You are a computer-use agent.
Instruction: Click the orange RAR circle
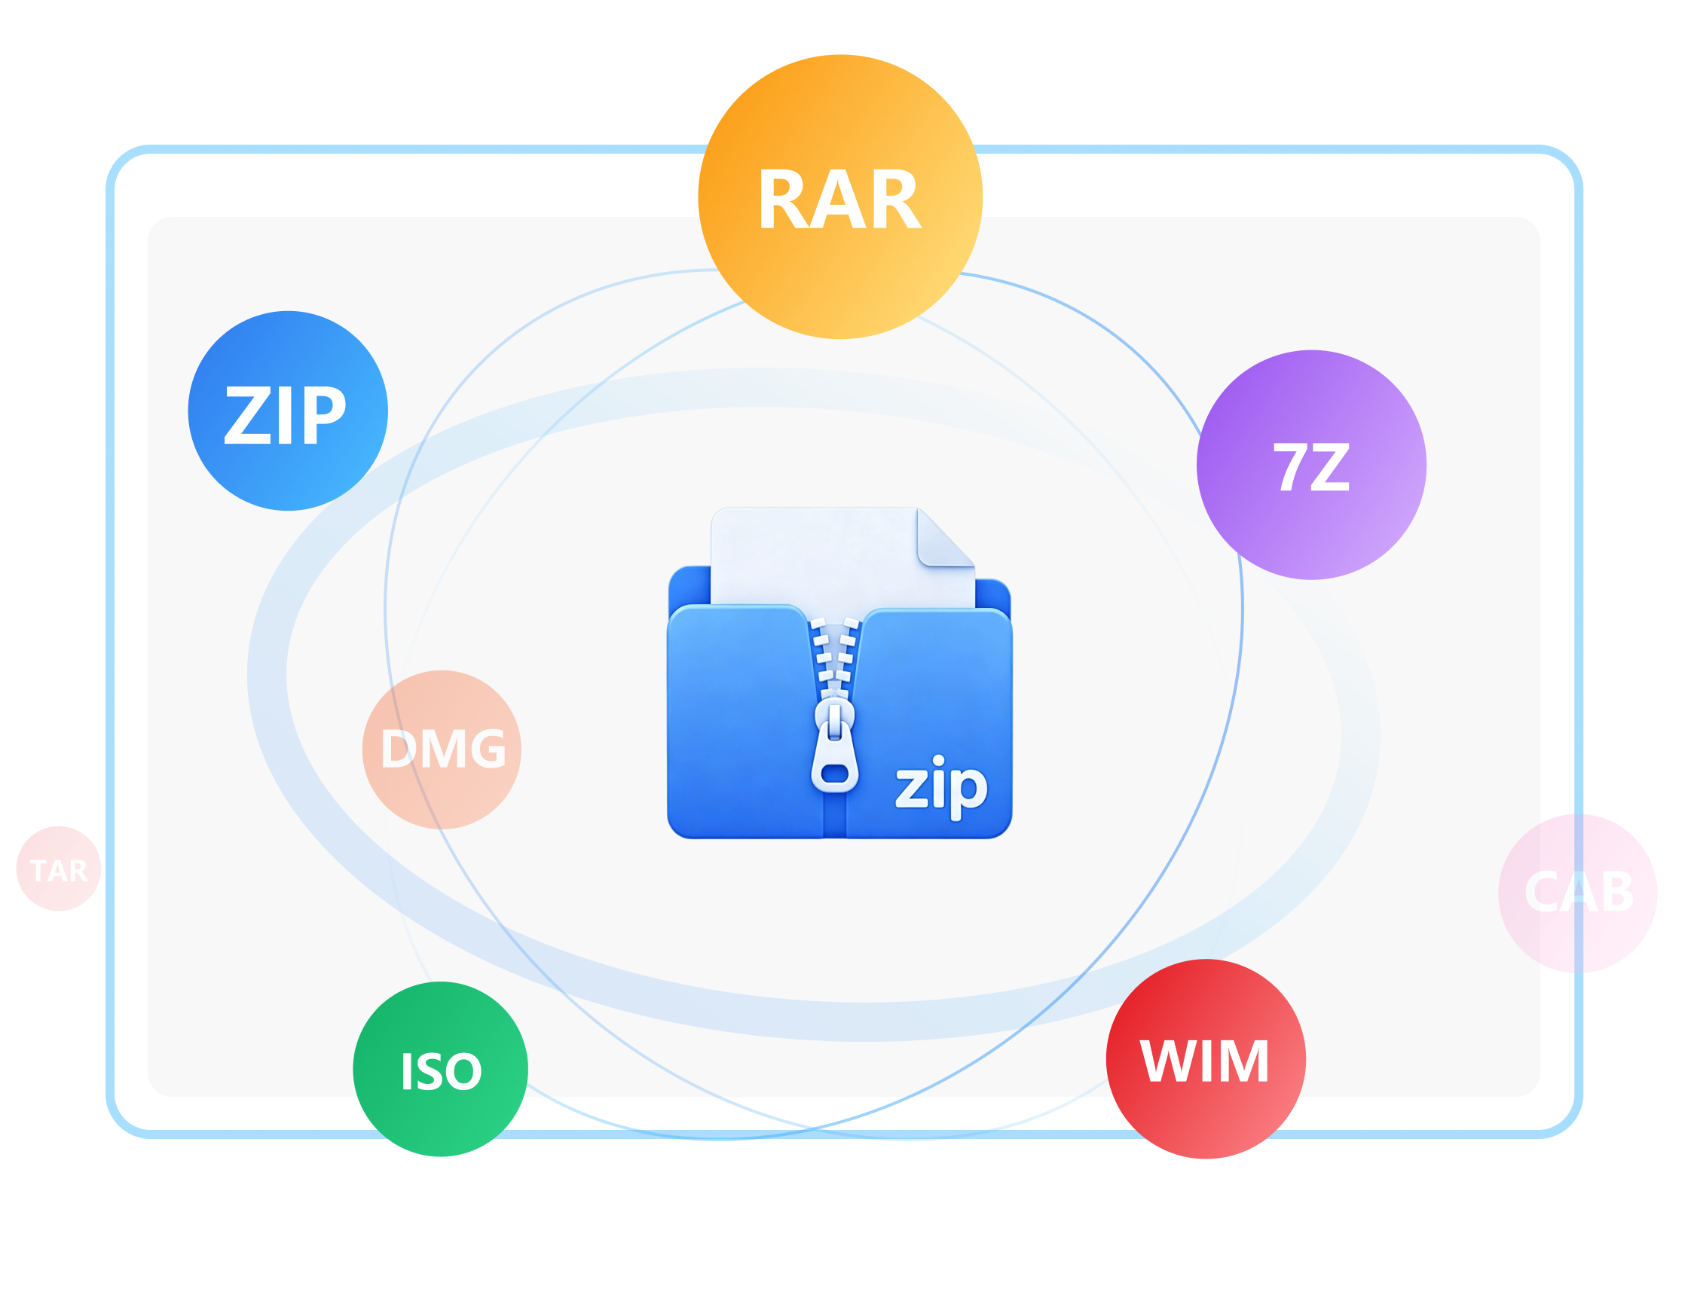coord(840,197)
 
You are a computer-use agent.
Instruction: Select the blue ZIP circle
coord(288,411)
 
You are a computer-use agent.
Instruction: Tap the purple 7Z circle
coord(1312,466)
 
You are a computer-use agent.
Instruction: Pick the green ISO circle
coord(441,1070)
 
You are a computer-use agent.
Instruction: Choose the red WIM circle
coord(1206,1059)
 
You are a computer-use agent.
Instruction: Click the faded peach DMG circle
coord(442,750)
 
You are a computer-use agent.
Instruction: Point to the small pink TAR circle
coord(59,869)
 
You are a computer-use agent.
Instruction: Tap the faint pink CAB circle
coord(1577,893)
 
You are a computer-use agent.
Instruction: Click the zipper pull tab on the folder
coord(835,747)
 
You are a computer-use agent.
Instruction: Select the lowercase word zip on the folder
coord(941,786)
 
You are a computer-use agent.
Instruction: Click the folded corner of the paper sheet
coord(945,538)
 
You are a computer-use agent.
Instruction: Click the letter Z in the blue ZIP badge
coord(248,415)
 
